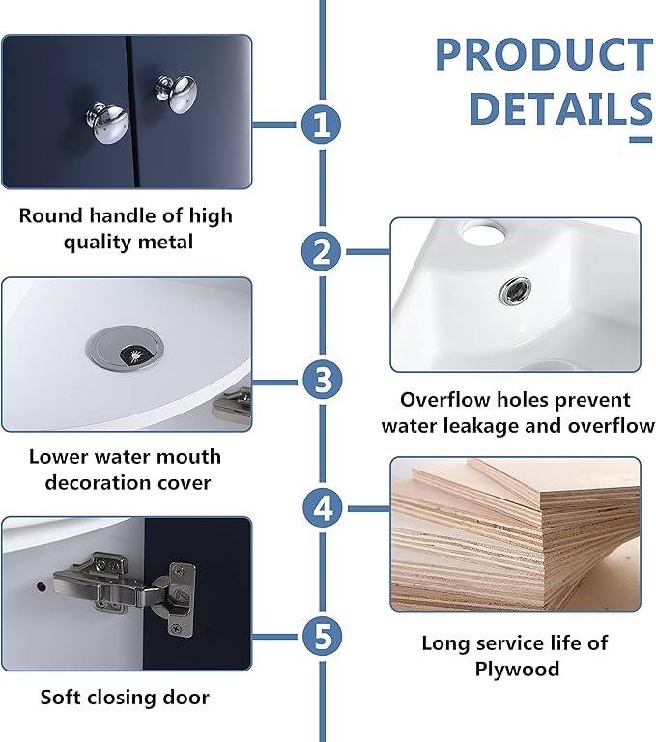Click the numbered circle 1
pyautogui.click(x=322, y=125)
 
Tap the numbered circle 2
pyautogui.click(x=322, y=251)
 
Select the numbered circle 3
pyautogui.click(x=323, y=380)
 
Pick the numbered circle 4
pyautogui.click(x=323, y=509)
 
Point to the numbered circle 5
pyautogui.click(x=323, y=636)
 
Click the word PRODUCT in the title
pyautogui.click(x=544, y=54)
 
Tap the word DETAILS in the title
pyautogui.click(x=561, y=108)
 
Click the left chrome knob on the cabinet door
pyautogui.click(x=107, y=122)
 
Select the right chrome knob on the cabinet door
pyautogui.click(x=177, y=93)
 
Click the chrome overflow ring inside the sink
pyautogui.click(x=516, y=292)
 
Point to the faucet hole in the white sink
pyautogui.click(x=484, y=234)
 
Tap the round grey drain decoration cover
pyautogui.click(x=126, y=347)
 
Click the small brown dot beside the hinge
pyautogui.click(x=41, y=586)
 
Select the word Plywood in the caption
pyautogui.click(x=517, y=670)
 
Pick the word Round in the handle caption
pyautogui.click(x=51, y=215)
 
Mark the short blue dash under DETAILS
pyautogui.click(x=641, y=139)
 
